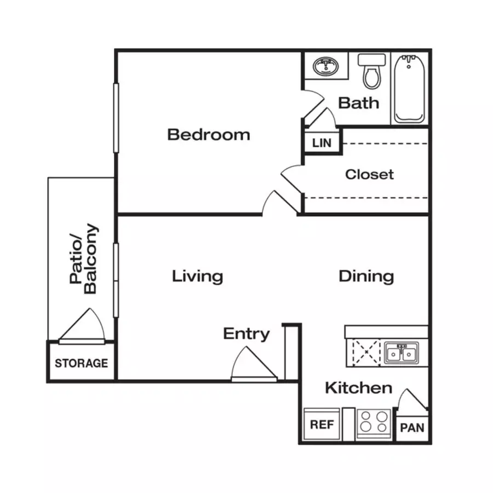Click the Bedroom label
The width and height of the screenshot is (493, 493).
(209, 135)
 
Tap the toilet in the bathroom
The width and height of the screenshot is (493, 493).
(371, 71)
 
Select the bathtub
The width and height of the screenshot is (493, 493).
(409, 89)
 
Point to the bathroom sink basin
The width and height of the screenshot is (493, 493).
(326, 66)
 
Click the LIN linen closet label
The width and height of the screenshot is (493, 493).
(322, 143)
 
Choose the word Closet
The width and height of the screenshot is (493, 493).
(369, 174)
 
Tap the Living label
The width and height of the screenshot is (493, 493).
(197, 277)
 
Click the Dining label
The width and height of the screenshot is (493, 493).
(366, 277)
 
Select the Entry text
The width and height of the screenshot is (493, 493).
(246, 334)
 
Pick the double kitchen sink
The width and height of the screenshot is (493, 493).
(401, 353)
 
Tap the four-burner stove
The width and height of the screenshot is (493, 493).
(374, 423)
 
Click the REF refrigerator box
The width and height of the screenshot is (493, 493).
(322, 424)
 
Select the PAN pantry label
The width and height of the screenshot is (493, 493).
(412, 428)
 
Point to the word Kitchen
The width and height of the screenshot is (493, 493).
(359, 388)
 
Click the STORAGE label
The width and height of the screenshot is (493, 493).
(82, 363)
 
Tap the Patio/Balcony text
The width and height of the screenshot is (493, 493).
(84, 259)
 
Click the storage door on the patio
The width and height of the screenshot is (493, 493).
(82, 326)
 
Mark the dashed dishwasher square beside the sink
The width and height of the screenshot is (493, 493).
(366, 352)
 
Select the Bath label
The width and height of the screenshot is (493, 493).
(358, 103)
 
